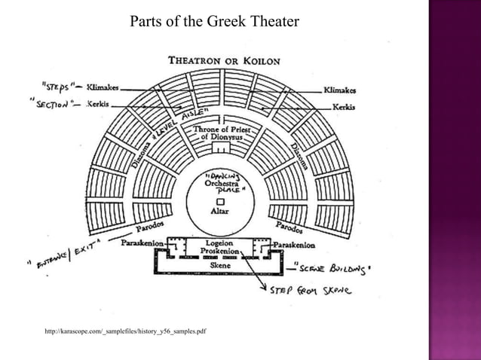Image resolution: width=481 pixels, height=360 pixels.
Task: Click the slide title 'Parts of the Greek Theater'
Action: [215, 21]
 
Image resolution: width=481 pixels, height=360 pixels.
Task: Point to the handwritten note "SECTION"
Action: [51, 104]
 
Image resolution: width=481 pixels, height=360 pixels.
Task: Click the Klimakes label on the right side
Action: [340, 90]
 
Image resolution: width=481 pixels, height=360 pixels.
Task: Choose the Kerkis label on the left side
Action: [99, 103]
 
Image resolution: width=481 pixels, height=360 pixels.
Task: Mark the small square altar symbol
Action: [220, 202]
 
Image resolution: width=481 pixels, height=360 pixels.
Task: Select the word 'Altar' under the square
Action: [220, 212]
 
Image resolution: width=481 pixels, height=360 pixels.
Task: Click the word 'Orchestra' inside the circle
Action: [222, 183]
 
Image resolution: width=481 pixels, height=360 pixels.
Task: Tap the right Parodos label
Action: [290, 226]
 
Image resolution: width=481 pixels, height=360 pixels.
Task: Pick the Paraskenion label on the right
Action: [295, 245]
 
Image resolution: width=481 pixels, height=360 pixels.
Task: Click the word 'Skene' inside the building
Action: [222, 265]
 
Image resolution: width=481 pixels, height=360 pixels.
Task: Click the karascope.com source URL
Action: [126, 331]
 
